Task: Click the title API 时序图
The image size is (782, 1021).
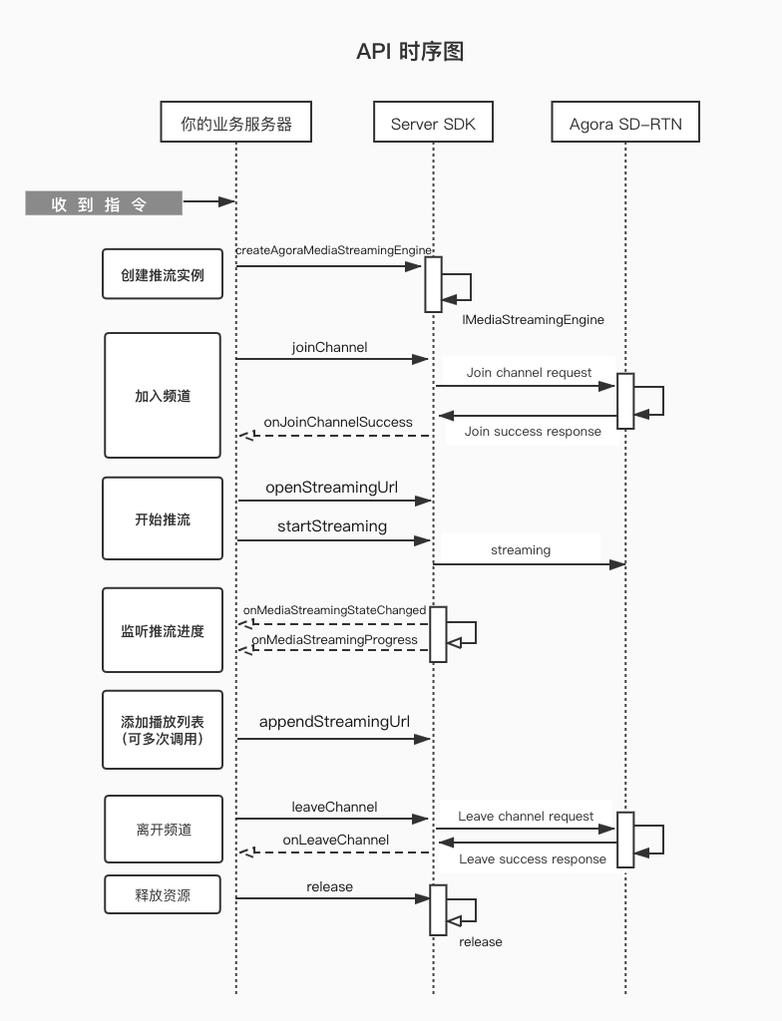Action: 409,52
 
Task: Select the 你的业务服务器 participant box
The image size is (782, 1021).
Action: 236,124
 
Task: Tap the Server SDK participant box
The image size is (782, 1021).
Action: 433,124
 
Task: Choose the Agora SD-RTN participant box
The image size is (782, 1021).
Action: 625,124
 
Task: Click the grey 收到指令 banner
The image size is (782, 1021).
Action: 104,204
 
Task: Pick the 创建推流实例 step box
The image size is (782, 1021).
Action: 163,274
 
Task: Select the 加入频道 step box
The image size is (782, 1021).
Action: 163,395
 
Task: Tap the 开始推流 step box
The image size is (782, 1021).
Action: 163,518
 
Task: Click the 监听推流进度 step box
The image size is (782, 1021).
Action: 163,631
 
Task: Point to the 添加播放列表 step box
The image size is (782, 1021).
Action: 163,729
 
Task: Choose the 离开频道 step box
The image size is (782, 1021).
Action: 164,829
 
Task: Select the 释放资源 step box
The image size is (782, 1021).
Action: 163,894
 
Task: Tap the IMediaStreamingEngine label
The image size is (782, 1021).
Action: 533,320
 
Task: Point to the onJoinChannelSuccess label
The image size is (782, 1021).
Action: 338,422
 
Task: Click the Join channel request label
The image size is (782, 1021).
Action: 529,372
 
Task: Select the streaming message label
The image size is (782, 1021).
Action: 520,549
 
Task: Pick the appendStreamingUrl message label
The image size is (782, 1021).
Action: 334,721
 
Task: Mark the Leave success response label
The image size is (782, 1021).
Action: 532,858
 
